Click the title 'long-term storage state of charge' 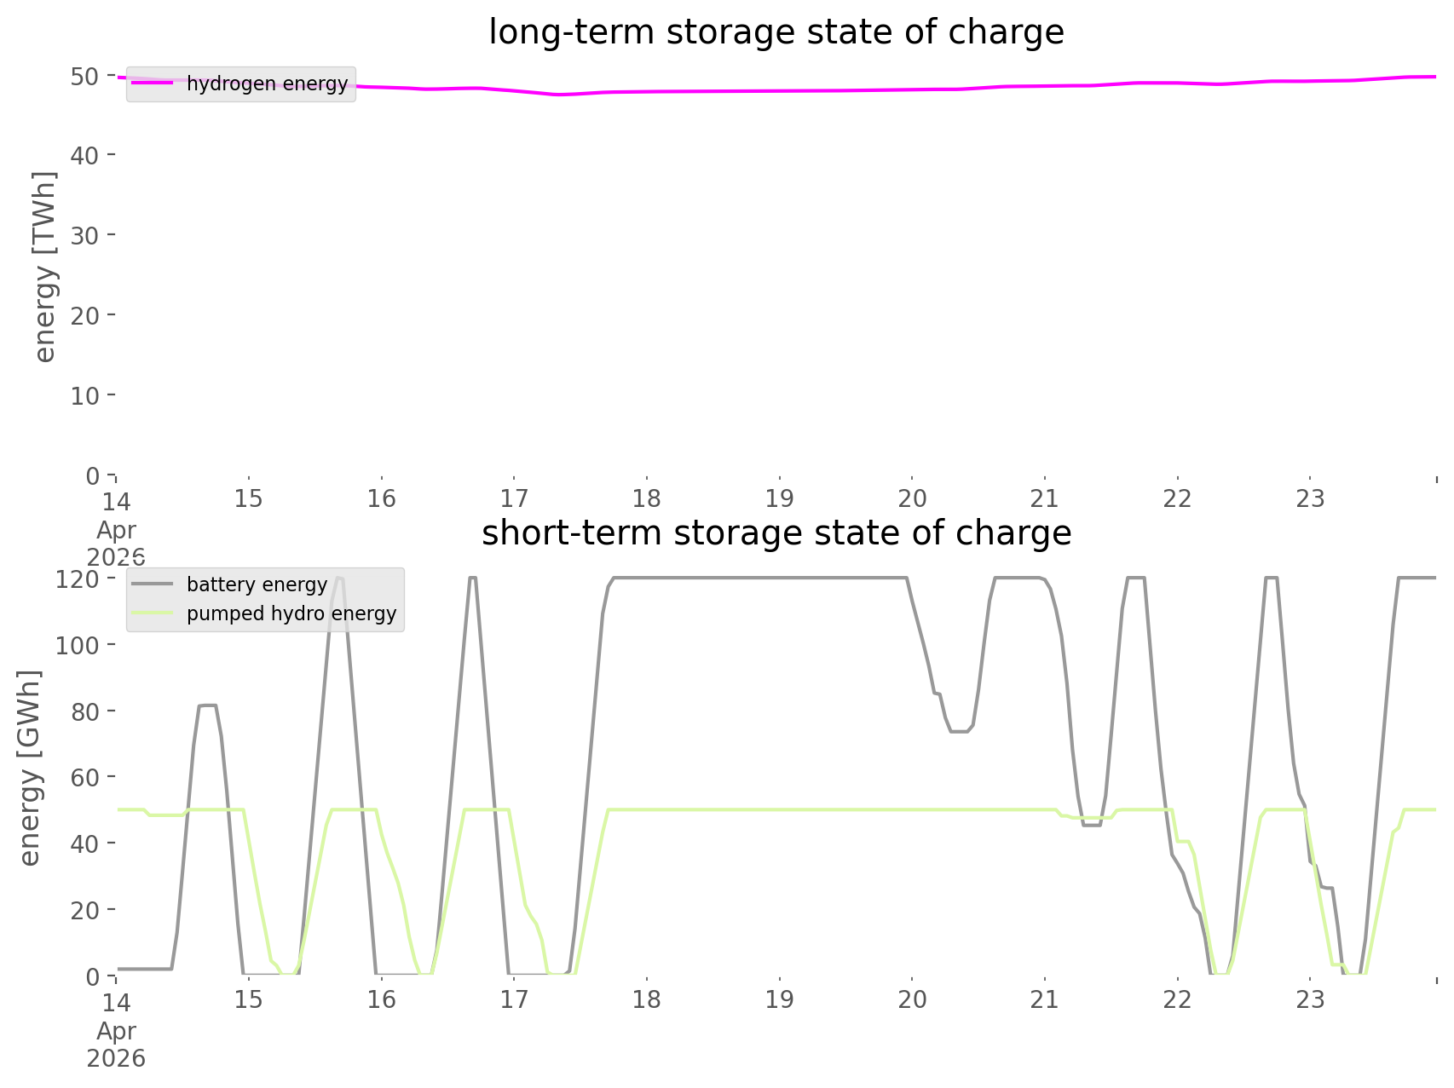click(x=776, y=32)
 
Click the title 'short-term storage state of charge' click(x=776, y=533)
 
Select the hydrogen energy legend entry click(x=240, y=83)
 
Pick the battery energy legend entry click(x=230, y=584)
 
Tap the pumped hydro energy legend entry click(x=264, y=613)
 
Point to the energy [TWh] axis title click(x=45, y=267)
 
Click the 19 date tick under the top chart click(x=780, y=498)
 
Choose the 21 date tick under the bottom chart click(x=1045, y=999)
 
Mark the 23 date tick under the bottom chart click(x=1311, y=999)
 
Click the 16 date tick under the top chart click(x=382, y=498)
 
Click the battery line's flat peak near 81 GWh click(x=207, y=705)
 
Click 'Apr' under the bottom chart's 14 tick click(x=116, y=1031)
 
